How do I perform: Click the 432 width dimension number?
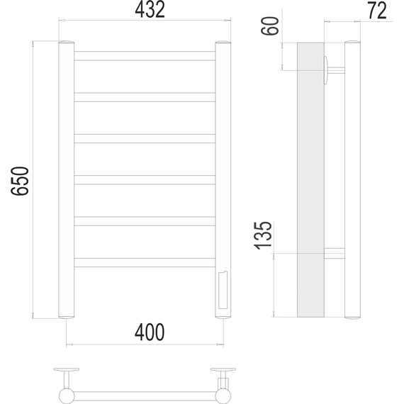coord(150,10)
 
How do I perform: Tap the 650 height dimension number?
coord(20,181)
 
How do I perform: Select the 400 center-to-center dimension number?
coord(150,332)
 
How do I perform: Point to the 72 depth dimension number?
coord(377,11)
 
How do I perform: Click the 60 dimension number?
coord(270,26)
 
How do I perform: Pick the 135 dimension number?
coord(263,235)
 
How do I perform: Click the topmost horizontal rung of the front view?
coord(145,56)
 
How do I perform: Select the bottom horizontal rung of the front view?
coord(145,262)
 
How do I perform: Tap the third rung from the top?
coord(145,139)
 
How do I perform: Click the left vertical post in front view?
coord(67,179)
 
